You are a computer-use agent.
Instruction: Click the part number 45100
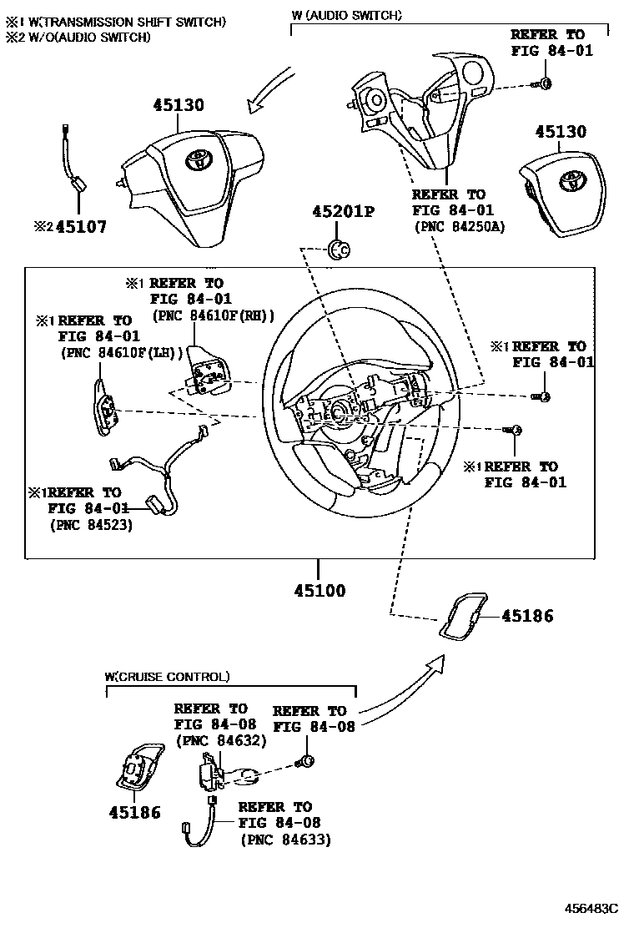click(x=319, y=591)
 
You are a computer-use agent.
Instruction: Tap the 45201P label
click(x=343, y=212)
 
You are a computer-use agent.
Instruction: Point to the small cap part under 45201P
click(x=339, y=248)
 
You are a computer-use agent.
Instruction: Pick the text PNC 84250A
click(x=458, y=226)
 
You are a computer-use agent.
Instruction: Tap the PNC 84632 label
click(x=220, y=740)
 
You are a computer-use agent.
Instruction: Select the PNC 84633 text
click(x=285, y=840)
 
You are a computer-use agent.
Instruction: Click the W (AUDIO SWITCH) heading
click(x=346, y=15)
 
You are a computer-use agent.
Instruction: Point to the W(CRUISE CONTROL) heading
click(x=167, y=677)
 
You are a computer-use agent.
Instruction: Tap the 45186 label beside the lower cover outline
click(x=527, y=617)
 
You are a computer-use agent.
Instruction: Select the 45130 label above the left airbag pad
click(x=178, y=105)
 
